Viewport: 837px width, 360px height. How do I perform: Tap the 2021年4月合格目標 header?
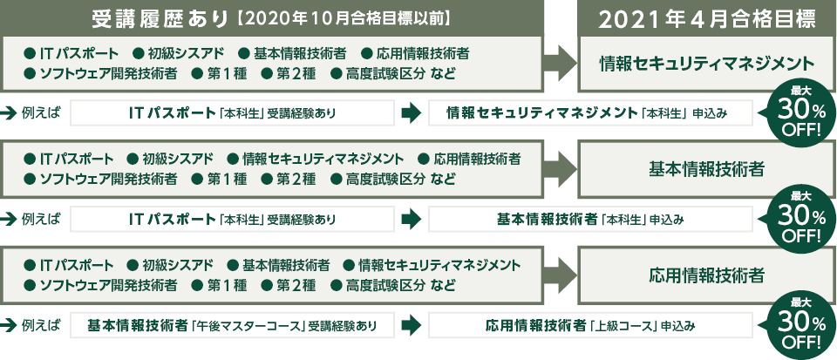click(707, 18)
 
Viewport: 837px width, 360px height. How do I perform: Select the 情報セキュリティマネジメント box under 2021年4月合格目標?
click(707, 63)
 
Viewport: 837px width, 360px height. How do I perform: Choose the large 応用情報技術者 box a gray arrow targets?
click(707, 275)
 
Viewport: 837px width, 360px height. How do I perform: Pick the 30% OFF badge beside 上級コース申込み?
click(795, 327)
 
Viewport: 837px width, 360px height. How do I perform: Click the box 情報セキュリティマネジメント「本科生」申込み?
click(589, 113)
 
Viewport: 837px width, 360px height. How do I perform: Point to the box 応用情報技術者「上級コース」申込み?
click(589, 327)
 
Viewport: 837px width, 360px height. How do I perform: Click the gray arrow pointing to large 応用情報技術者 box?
click(558, 275)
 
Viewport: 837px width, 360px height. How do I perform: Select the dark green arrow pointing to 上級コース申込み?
click(409, 327)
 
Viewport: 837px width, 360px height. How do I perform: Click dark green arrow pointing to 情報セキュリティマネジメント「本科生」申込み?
click(409, 113)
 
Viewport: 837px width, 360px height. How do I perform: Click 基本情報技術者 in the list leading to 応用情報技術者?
click(278, 265)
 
